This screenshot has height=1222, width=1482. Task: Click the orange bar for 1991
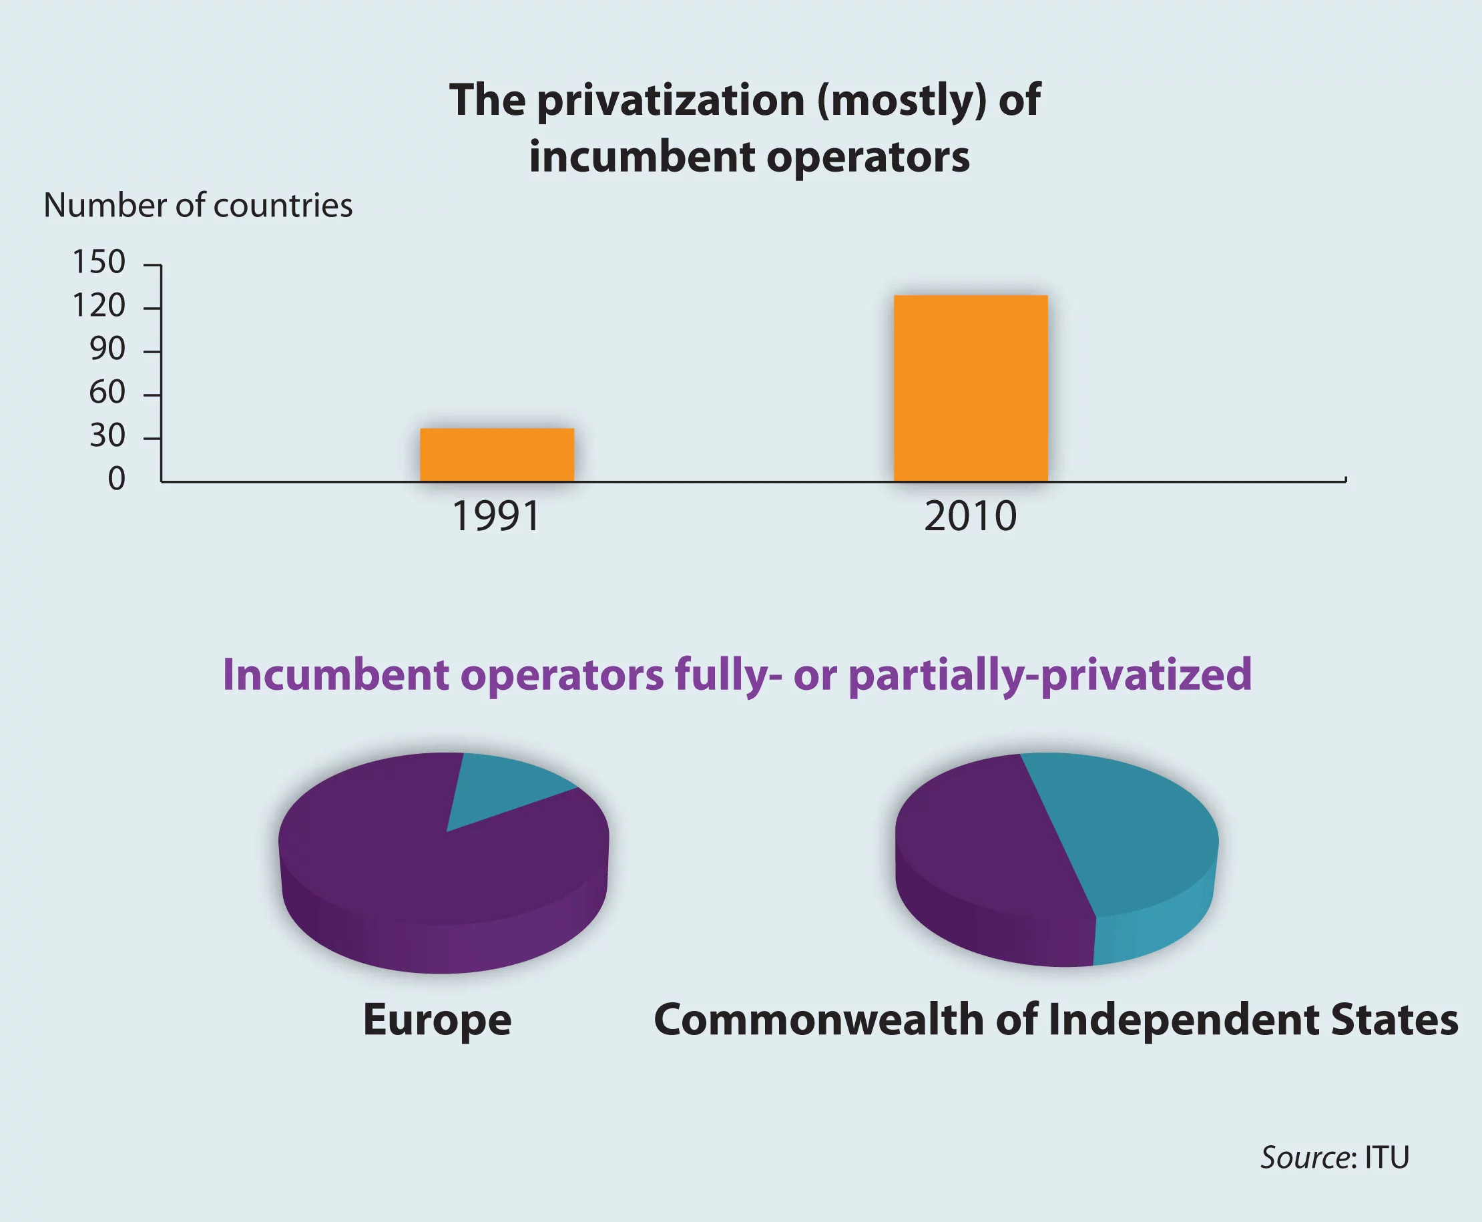pyautogui.click(x=497, y=455)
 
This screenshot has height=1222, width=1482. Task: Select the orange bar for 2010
pyautogui.click(x=971, y=388)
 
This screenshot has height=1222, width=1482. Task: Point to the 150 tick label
pyautogui.click(x=99, y=262)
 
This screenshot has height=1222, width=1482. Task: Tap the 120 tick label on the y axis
pyautogui.click(x=99, y=306)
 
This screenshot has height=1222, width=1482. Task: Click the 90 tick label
pyautogui.click(x=107, y=349)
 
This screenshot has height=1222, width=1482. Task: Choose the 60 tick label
pyautogui.click(x=107, y=392)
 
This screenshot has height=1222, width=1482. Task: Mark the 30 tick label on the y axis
pyautogui.click(x=107, y=436)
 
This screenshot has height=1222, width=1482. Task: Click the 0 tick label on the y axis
pyautogui.click(x=116, y=479)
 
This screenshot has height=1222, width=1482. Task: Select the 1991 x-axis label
pyautogui.click(x=495, y=516)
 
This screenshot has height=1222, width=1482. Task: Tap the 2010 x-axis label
pyautogui.click(x=971, y=516)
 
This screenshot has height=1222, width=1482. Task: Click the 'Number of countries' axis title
pyautogui.click(x=198, y=206)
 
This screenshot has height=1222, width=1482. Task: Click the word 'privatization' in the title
pyautogui.click(x=670, y=100)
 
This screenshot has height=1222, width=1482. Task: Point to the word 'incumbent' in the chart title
pyautogui.click(x=641, y=156)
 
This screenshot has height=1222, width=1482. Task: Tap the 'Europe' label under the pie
pyautogui.click(x=437, y=1020)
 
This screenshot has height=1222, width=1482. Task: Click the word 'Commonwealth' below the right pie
pyautogui.click(x=818, y=1019)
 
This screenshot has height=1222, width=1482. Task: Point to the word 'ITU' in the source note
pyautogui.click(x=1387, y=1157)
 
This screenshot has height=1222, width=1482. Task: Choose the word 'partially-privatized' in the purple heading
pyautogui.click(x=1050, y=675)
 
